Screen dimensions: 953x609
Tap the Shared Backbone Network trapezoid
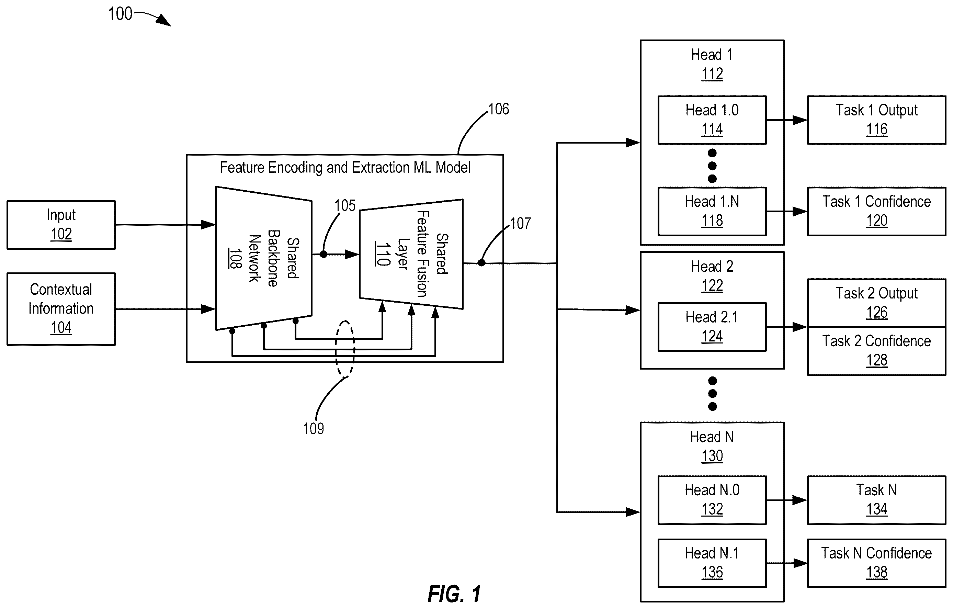[264, 258]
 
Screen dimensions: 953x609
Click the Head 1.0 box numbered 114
[712, 120]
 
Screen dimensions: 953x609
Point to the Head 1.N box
[712, 211]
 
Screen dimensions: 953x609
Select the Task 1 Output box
[877, 120]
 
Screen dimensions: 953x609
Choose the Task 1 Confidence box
[877, 211]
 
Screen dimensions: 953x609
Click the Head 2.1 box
[712, 327]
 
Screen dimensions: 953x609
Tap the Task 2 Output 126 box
[877, 303]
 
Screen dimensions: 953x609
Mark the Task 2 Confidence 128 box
[877, 351]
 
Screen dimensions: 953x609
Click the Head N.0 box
[712, 500]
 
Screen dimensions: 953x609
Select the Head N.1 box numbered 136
[712, 563]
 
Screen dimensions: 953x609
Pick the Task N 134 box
[877, 500]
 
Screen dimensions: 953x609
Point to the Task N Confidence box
[877, 563]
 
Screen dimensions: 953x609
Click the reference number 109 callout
[314, 429]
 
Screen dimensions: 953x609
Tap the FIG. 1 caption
[454, 594]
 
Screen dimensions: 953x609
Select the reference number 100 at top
[120, 14]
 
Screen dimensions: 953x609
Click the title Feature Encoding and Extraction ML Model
[345, 168]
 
